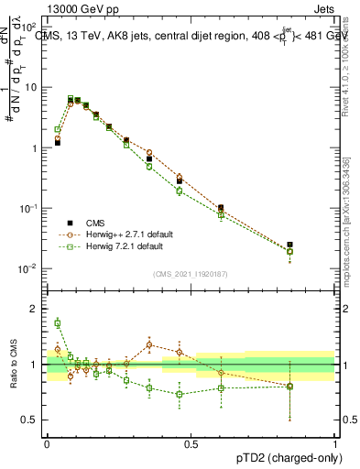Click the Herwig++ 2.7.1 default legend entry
(x=125, y=234)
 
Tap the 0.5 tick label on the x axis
(x=191, y=443)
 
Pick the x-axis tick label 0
(x=47, y=443)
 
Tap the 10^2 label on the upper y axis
(x=31, y=27)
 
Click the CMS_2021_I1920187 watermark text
(x=191, y=274)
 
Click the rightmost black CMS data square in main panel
(x=290, y=245)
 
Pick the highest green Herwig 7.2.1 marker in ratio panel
(x=57, y=322)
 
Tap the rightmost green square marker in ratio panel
(x=290, y=387)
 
